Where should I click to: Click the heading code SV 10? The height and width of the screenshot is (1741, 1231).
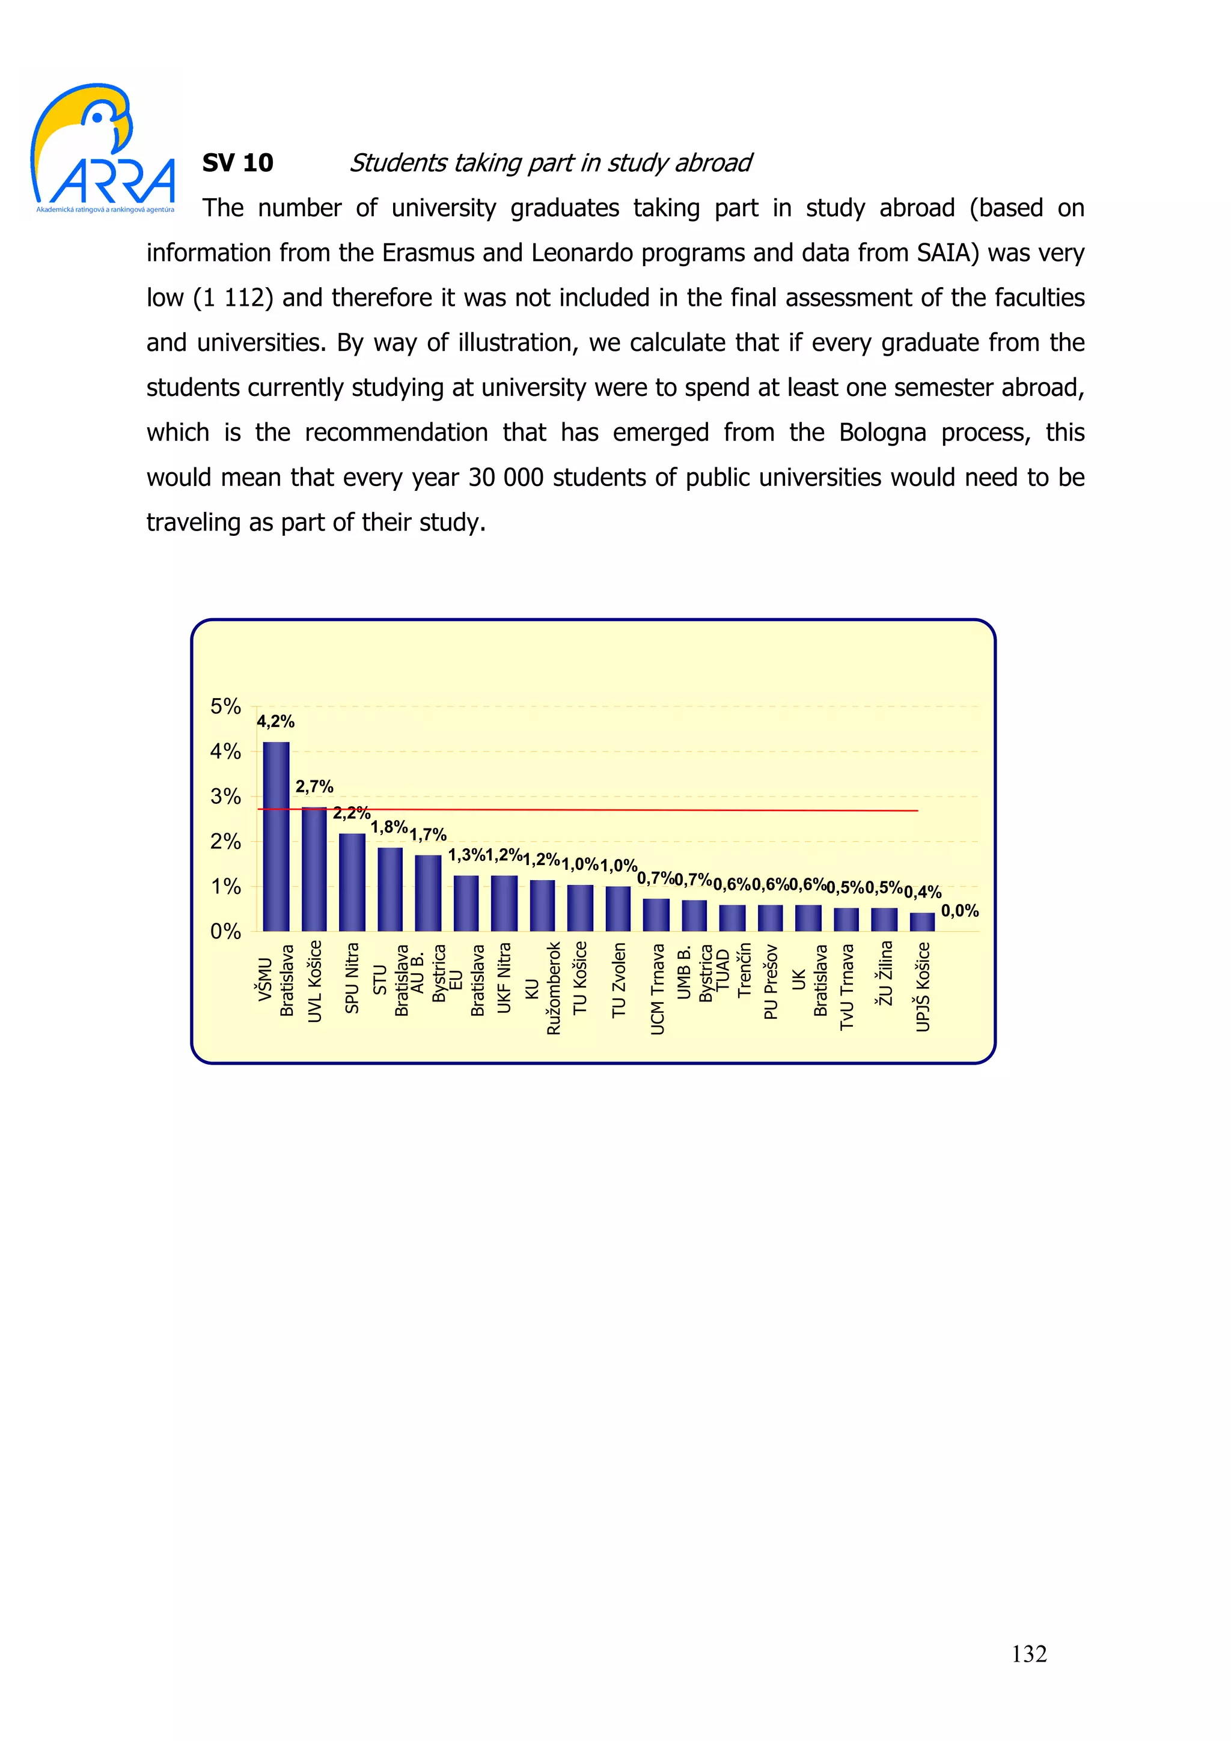click(237, 163)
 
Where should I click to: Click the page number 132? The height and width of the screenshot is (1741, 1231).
click(1028, 1654)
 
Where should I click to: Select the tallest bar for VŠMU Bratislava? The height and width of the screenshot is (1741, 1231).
click(276, 836)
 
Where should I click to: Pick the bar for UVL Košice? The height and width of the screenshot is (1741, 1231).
click(314, 869)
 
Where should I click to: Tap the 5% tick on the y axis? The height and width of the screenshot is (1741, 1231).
click(225, 706)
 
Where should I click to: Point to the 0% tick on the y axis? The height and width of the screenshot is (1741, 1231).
click(225, 931)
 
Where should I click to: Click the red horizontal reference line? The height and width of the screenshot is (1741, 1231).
click(606, 810)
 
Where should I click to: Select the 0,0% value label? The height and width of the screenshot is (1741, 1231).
click(959, 911)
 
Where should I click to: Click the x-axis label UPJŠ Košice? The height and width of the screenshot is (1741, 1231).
click(922, 986)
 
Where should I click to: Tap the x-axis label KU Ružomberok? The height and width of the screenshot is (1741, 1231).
click(542, 988)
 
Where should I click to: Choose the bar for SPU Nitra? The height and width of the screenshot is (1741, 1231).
click(352, 882)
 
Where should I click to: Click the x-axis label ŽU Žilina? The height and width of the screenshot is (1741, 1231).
click(884, 974)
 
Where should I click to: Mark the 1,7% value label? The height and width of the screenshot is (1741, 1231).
click(428, 835)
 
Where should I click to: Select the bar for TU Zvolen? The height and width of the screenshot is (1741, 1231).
click(618, 908)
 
